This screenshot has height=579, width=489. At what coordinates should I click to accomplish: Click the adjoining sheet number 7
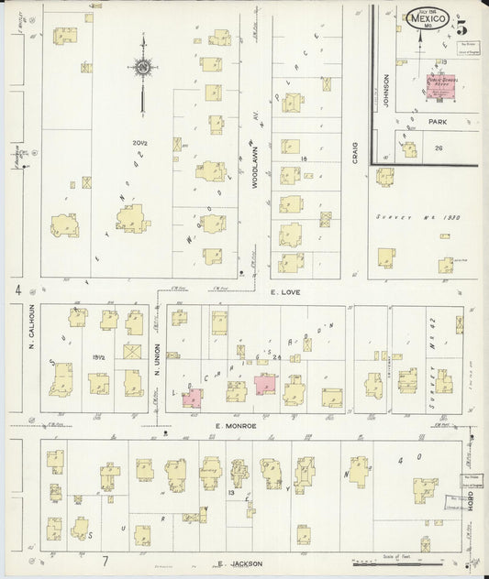106,560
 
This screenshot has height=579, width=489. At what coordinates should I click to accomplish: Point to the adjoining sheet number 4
17,290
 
